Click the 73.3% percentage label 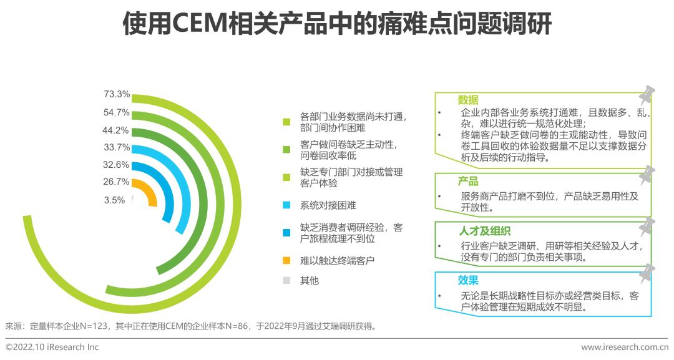117,95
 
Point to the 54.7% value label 117,113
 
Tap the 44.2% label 117,130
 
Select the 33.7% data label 117,148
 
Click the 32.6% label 117,165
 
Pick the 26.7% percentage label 117,182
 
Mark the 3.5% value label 114,200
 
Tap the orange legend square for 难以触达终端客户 286,260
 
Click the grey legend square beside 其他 286,281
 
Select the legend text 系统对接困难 328,205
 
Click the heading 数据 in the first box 468,100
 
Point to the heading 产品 468,182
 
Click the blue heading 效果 468,281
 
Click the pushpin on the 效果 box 647,273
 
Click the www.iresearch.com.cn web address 624,347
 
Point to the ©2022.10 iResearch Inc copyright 52,347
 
